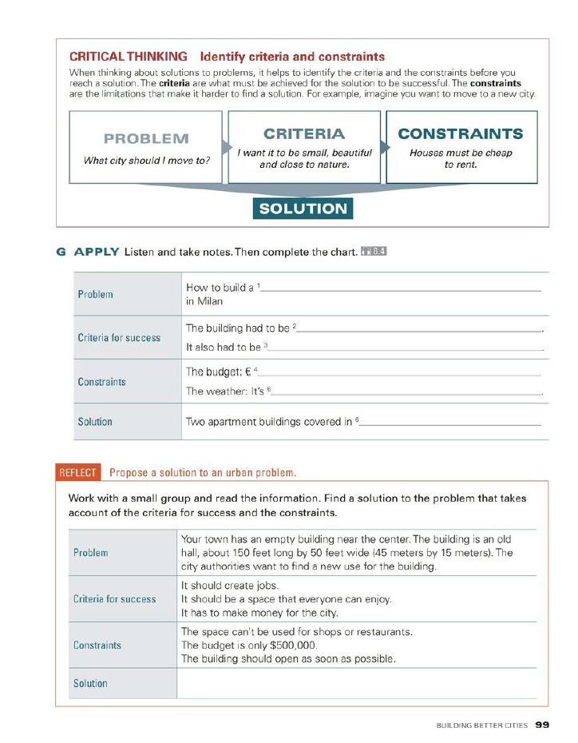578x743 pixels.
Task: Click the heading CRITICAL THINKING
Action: pyautogui.click(x=129, y=57)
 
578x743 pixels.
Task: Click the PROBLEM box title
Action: pyautogui.click(x=146, y=138)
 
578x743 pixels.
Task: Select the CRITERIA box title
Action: pyautogui.click(x=304, y=133)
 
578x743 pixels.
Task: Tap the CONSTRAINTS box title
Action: pyautogui.click(x=461, y=133)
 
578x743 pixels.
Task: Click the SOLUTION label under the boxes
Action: pyautogui.click(x=303, y=209)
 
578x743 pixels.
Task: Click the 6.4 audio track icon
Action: pyautogui.click(x=374, y=252)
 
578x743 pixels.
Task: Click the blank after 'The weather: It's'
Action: pyautogui.click(x=407, y=393)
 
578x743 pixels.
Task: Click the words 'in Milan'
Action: pyautogui.click(x=204, y=302)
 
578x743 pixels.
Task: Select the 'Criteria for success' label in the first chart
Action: pyautogui.click(x=119, y=338)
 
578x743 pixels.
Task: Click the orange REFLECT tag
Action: pyautogui.click(x=77, y=472)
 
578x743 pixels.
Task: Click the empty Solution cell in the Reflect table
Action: pyautogui.click(x=356, y=683)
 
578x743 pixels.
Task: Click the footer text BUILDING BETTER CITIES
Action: pyautogui.click(x=481, y=726)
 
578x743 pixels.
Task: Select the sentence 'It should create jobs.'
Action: pyautogui.click(x=231, y=585)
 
